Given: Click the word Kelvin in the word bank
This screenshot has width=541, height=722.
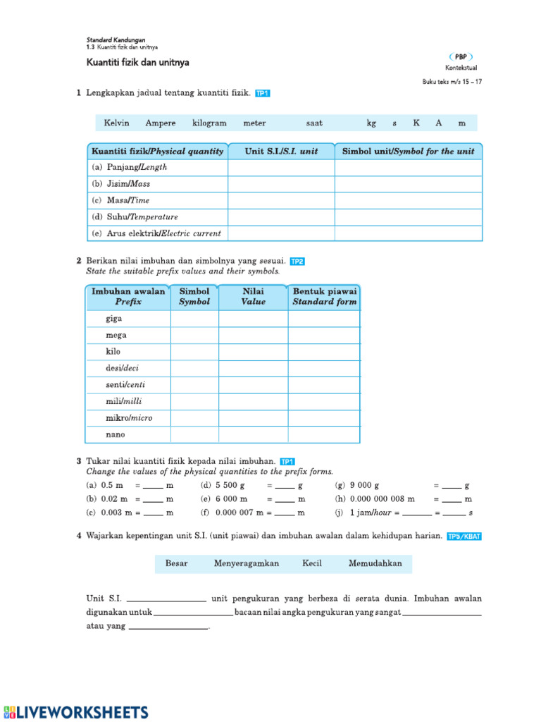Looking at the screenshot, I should pos(116,123).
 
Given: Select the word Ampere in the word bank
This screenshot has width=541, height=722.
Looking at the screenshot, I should pos(161,123).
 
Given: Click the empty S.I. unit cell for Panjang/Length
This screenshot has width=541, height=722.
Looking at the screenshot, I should pos(280,168).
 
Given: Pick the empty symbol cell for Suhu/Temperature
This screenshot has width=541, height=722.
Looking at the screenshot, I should pos(408,217).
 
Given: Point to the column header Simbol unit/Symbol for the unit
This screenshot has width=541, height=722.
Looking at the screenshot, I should pos(408,151).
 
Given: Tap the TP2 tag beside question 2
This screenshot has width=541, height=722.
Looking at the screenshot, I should pos(297,261).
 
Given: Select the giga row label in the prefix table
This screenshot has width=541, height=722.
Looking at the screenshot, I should pos(114,319).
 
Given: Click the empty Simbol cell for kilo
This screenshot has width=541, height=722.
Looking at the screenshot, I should pos(194,352).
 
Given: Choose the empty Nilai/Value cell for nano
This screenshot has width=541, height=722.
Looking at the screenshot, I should pos(253,435).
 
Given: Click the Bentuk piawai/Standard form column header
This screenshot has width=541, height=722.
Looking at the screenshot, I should pos(325,297).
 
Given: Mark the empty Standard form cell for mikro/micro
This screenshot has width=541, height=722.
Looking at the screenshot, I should pos(324,418).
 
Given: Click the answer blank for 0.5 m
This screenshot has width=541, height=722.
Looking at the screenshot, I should pos(153,487).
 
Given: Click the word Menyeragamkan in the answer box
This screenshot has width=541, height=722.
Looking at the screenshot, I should pos(247,563).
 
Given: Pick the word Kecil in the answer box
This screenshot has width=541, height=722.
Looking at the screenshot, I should pos(312,563).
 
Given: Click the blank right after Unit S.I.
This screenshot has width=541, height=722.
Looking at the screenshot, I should pos(166,599).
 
